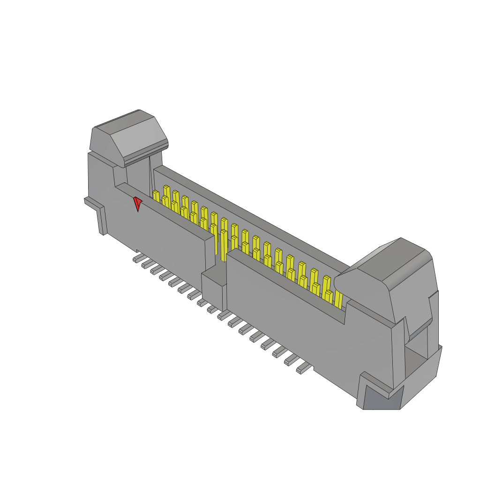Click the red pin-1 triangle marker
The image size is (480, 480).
137,203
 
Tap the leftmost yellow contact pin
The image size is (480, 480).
156,196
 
